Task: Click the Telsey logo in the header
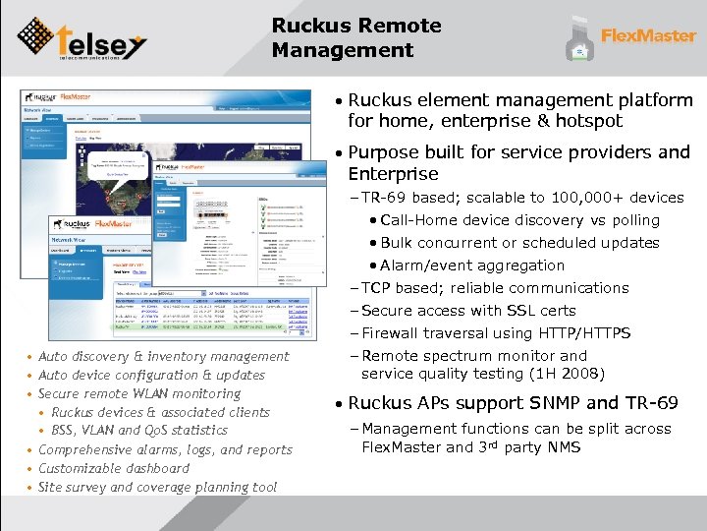(x=82, y=38)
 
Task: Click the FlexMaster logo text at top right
(x=648, y=36)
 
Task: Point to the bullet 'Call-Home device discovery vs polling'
(x=519, y=220)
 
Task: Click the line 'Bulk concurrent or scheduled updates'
(x=519, y=243)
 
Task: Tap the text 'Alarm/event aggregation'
(x=472, y=265)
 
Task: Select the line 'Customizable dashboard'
(x=114, y=468)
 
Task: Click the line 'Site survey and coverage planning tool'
(x=157, y=487)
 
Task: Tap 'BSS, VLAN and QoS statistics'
(x=138, y=431)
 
